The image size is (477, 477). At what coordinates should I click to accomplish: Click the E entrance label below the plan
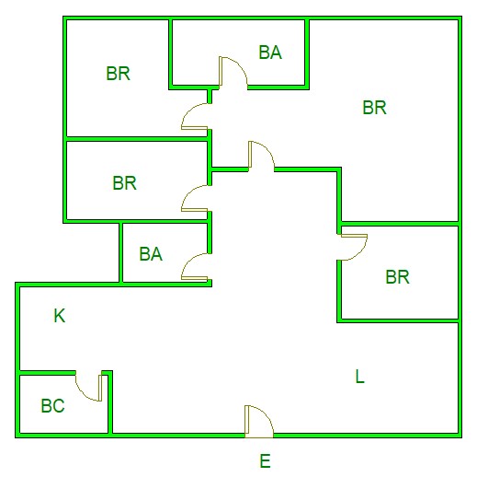coord(265,461)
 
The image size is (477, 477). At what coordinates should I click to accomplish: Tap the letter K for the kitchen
coord(60,316)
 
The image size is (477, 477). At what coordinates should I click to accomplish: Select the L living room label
coord(359,376)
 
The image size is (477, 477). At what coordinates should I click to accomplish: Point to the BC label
coord(52,405)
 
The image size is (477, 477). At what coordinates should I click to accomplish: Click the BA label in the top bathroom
coord(270,52)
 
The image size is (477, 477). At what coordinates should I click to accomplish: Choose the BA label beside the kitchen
coord(151,254)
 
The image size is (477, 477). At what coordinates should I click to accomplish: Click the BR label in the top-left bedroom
coord(118,74)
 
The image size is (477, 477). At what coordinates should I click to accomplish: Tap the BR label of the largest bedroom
coord(374,108)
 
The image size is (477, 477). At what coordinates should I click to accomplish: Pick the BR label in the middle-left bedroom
coord(124,183)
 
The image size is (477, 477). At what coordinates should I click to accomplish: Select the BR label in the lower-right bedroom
coord(397,276)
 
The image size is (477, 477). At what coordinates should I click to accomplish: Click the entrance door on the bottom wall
coord(259,421)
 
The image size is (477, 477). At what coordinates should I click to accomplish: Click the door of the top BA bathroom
coord(233,73)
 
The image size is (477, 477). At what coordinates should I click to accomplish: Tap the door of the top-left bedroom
coord(196,116)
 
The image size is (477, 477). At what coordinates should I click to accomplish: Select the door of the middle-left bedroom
coord(196,198)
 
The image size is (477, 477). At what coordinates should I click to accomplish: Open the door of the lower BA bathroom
coord(196,266)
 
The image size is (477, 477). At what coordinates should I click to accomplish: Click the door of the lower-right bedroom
coord(352,247)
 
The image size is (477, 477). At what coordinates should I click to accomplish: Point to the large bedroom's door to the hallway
coord(261,156)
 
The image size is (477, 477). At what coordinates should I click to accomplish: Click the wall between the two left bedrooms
coord(137,139)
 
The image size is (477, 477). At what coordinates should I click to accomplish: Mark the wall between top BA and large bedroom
coord(307,52)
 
